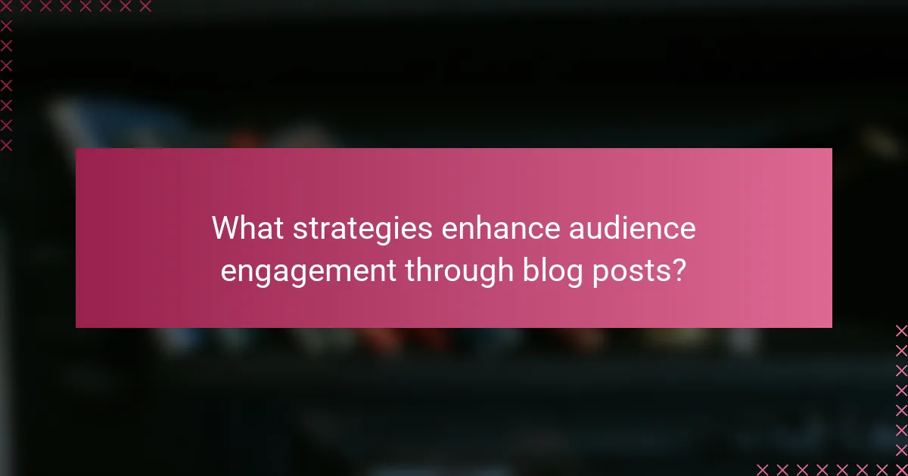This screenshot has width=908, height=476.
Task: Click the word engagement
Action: [309, 271]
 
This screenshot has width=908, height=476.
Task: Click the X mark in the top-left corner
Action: [6, 6]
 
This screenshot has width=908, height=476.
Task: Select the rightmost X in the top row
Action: [145, 6]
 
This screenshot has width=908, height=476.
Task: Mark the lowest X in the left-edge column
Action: [6, 144]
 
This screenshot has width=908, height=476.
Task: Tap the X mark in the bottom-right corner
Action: [901, 469]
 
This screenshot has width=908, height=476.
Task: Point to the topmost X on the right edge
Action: [901, 330]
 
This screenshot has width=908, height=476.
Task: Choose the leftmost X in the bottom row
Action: [762, 469]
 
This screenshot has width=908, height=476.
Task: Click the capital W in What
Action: [225, 227]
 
